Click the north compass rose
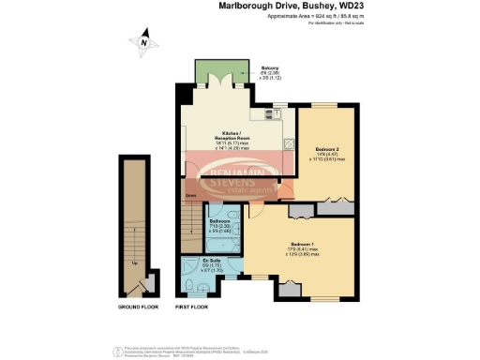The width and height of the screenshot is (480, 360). [142, 42]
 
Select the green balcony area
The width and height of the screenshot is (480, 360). [221, 71]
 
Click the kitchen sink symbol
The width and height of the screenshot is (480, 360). [274, 113]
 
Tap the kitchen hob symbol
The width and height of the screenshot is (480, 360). [288, 144]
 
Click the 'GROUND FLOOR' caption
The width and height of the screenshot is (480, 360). [137, 307]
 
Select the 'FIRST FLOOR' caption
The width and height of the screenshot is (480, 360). [192, 307]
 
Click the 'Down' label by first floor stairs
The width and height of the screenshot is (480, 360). [190, 196]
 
